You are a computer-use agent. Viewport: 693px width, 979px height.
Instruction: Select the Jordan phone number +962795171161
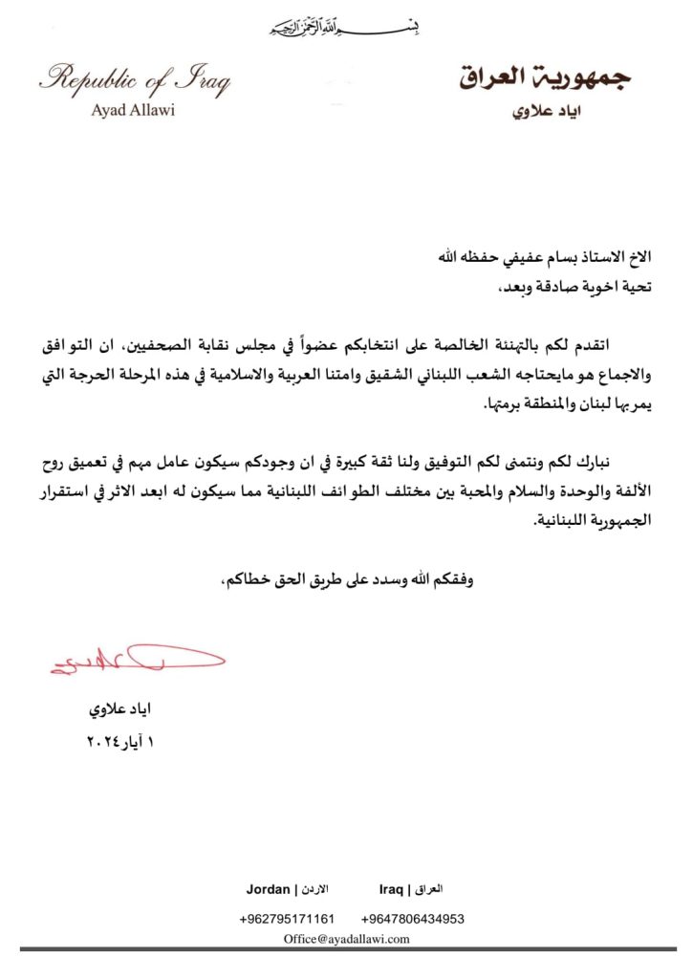pyautogui.click(x=287, y=919)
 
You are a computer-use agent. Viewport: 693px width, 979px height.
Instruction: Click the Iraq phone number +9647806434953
pyautogui.click(x=413, y=919)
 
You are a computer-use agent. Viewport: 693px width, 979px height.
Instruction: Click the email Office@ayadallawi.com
pyautogui.click(x=347, y=939)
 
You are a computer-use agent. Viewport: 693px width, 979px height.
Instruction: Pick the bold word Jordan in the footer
pyautogui.click(x=268, y=889)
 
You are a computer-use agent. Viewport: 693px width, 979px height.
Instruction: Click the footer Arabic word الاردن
pyautogui.click(x=314, y=889)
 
